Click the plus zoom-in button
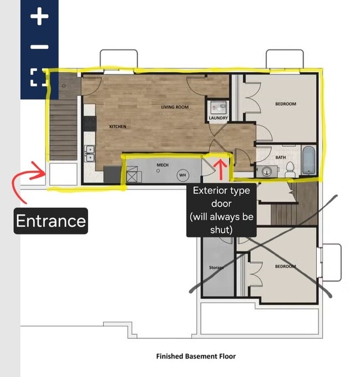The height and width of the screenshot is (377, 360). [39, 16]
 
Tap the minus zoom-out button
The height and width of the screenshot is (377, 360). [39, 47]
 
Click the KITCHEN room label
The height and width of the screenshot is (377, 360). [117, 126]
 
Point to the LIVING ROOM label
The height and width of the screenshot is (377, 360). [175, 107]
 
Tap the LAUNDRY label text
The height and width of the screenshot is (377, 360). [218, 118]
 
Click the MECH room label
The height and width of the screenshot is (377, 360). [163, 165]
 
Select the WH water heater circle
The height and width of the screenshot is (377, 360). [183, 175]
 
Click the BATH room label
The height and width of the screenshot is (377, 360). [280, 157]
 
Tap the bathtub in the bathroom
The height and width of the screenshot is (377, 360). [308, 160]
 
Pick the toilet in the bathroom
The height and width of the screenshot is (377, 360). [290, 170]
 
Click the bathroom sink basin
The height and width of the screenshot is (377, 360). [266, 171]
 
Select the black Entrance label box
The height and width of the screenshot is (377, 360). [50, 221]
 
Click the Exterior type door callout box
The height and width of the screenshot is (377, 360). [222, 210]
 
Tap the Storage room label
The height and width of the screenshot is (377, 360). [217, 267]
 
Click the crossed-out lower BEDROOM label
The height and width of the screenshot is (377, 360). [285, 266]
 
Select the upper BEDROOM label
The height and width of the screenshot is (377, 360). [286, 104]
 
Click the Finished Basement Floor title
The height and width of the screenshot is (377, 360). [196, 356]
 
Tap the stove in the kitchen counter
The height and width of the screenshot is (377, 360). [90, 124]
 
